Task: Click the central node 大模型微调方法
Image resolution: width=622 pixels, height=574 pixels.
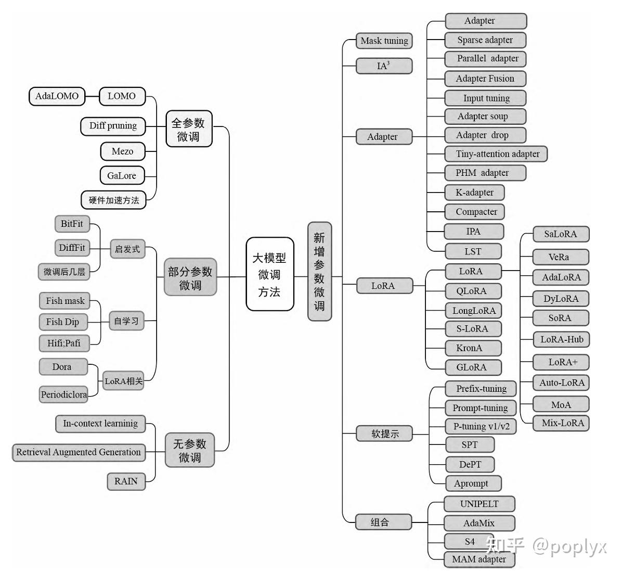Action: [x=269, y=274]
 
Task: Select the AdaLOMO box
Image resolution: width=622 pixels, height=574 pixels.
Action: [x=57, y=96]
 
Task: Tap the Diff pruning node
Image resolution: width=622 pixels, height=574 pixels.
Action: [x=113, y=126]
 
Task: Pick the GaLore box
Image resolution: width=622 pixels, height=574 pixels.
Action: [x=122, y=176]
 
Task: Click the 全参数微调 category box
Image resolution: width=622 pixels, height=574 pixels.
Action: [x=188, y=129]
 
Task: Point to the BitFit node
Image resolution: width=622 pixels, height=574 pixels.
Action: [x=72, y=224]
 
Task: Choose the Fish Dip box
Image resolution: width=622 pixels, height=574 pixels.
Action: [x=62, y=322]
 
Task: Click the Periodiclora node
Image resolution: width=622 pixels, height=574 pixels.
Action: [x=63, y=395]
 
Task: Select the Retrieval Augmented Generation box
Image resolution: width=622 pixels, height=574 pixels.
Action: [x=78, y=452]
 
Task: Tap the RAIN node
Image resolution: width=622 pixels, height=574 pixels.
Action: [x=126, y=481]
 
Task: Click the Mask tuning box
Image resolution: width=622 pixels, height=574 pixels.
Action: [x=384, y=41]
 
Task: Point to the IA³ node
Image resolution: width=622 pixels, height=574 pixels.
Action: [x=384, y=66]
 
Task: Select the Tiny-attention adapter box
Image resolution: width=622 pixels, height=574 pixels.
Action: [x=497, y=154]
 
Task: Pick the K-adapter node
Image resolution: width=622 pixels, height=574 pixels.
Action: [x=474, y=193]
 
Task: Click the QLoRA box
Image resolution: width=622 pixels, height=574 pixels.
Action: [x=472, y=291]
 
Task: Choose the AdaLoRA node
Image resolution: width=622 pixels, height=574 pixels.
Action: [x=561, y=277]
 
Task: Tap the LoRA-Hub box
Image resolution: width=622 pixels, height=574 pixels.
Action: [x=562, y=340]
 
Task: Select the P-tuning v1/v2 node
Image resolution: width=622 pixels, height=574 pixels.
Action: [x=482, y=427]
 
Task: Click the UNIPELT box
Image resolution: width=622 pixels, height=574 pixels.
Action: [x=479, y=504]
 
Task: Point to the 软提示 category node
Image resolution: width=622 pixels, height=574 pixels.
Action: [x=384, y=434]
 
